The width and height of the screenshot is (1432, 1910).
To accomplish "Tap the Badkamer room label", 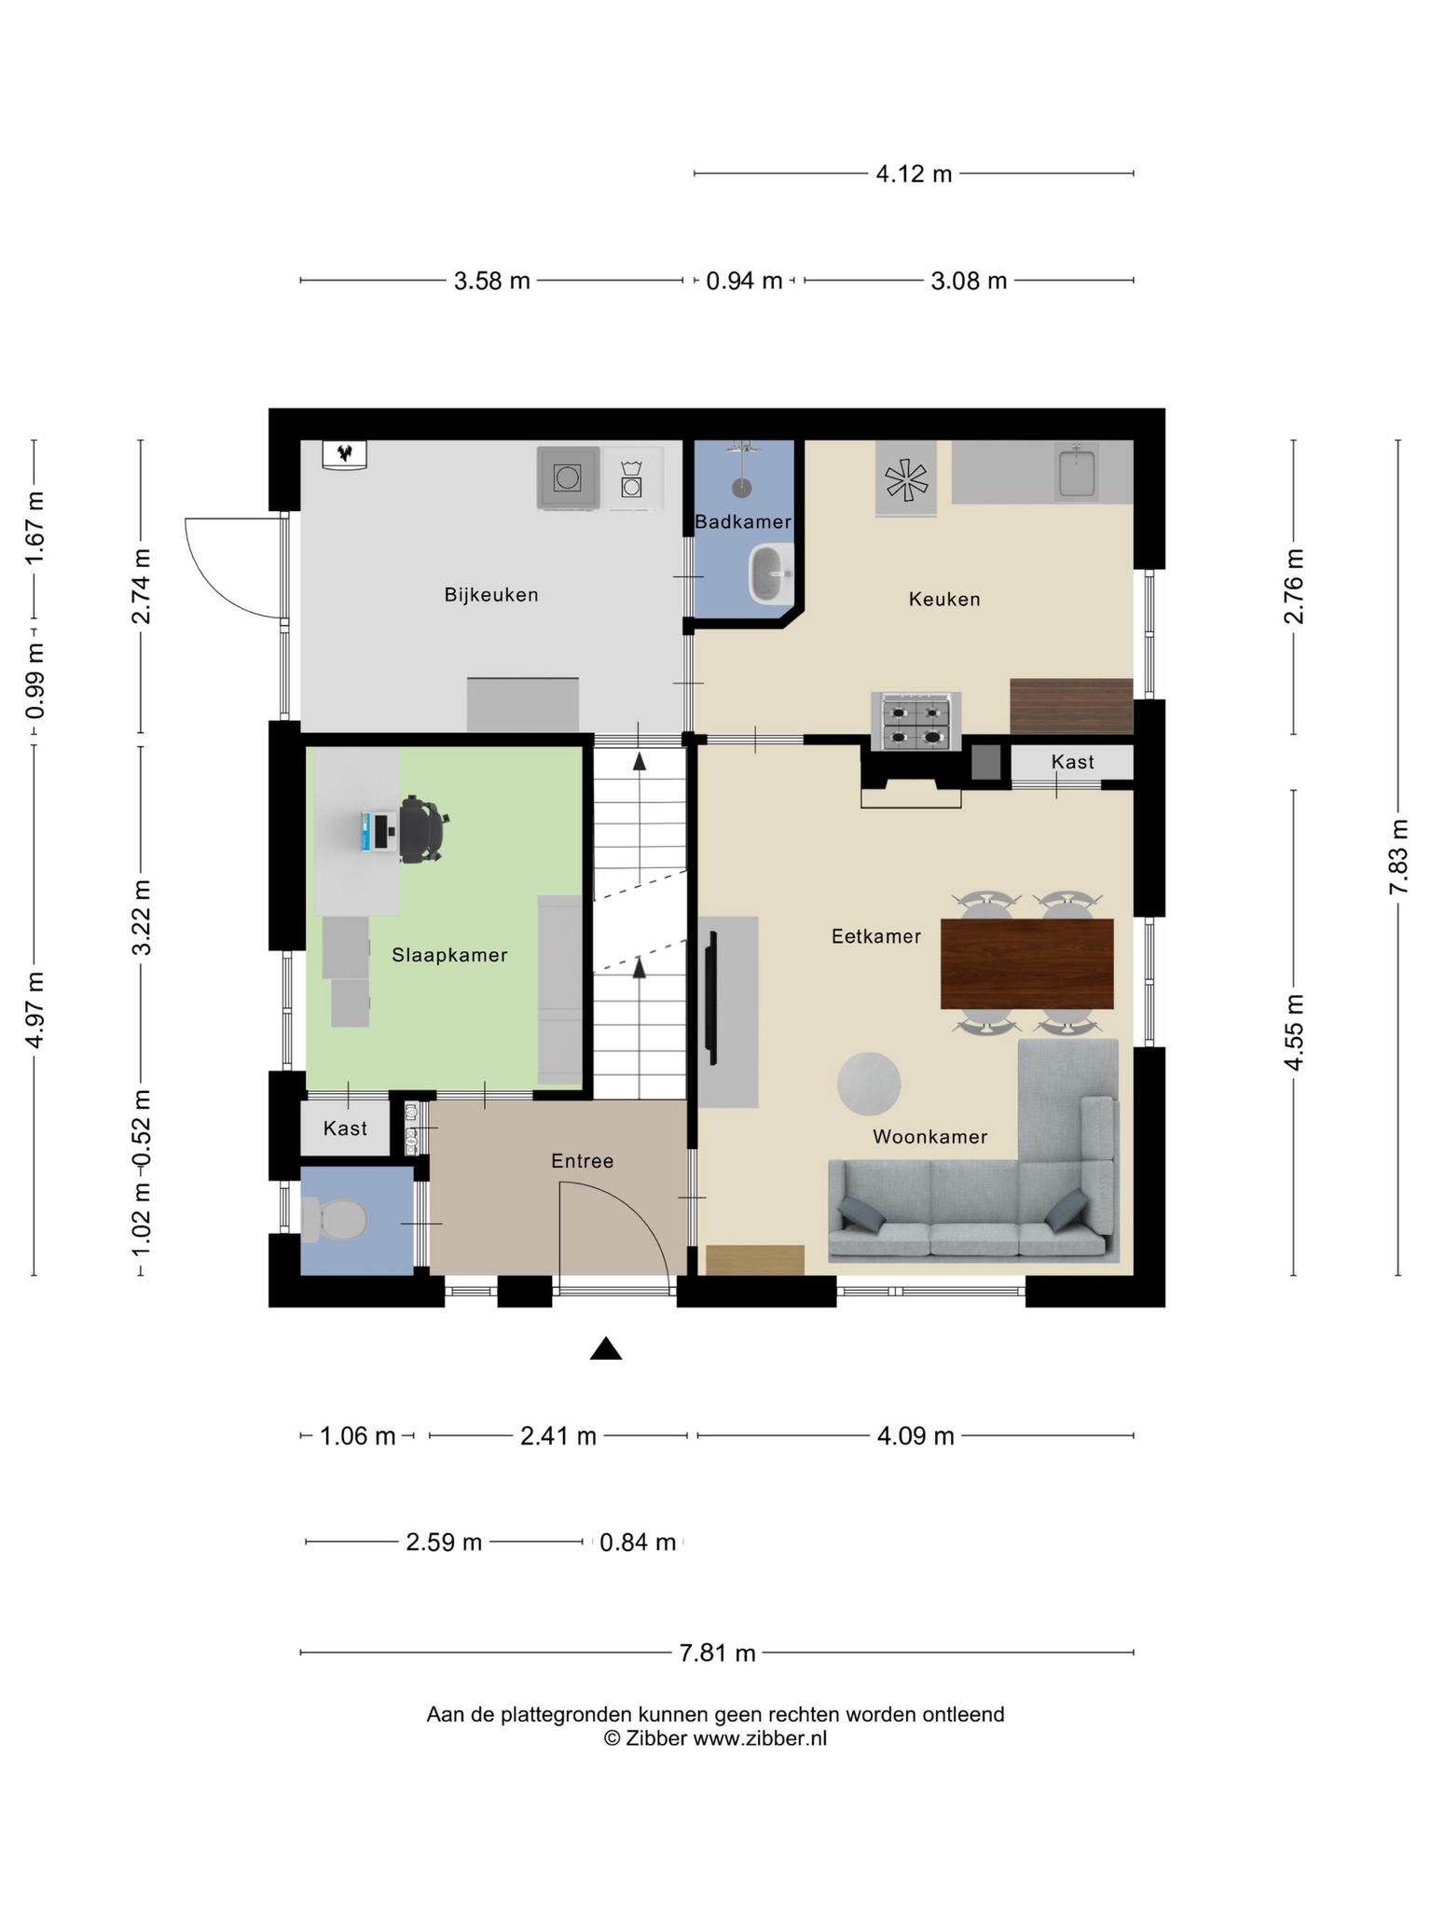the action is [743, 522].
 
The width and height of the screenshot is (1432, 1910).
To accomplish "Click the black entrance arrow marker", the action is [606, 1348].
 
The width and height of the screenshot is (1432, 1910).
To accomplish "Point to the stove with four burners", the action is [916, 721].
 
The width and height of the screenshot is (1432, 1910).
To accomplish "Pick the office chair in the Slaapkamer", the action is [422, 827].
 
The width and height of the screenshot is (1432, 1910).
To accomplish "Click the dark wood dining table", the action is [1026, 963].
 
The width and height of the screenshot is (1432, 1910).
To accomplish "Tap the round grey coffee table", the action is [868, 1083].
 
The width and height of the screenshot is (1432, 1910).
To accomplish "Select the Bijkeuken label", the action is [491, 595].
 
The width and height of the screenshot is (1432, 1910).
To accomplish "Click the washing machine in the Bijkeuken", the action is [568, 478].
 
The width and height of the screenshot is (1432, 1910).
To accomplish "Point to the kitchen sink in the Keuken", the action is [1078, 471].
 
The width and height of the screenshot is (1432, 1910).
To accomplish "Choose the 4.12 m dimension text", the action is [914, 173].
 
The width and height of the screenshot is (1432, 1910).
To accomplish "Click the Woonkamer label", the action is [929, 1137].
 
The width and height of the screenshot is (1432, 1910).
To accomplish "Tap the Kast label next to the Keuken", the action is [1072, 762].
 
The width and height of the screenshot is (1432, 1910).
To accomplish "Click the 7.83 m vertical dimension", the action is [1398, 857].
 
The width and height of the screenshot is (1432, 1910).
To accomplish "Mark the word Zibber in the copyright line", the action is [656, 1738].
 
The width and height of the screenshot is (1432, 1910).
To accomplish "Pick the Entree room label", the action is [582, 1161].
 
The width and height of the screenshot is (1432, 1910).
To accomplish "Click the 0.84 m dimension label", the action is [638, 1543].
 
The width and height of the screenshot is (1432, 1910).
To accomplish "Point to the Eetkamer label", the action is [876, 936].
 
